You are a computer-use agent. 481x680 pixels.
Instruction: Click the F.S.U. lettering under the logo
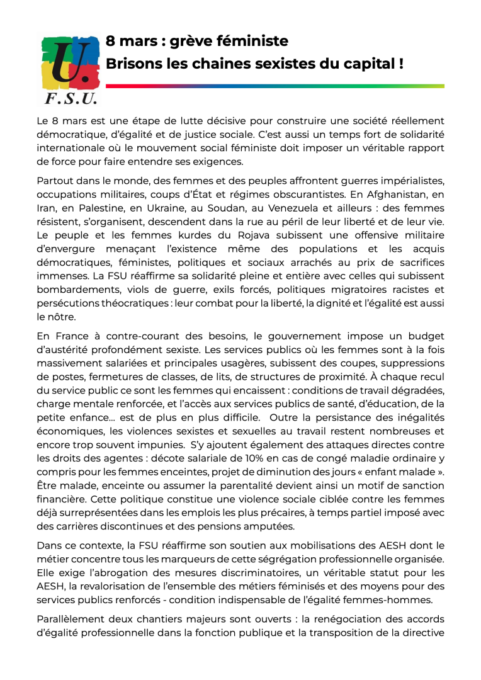[69, 98]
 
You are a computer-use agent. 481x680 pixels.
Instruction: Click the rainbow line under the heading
[274, 86]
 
